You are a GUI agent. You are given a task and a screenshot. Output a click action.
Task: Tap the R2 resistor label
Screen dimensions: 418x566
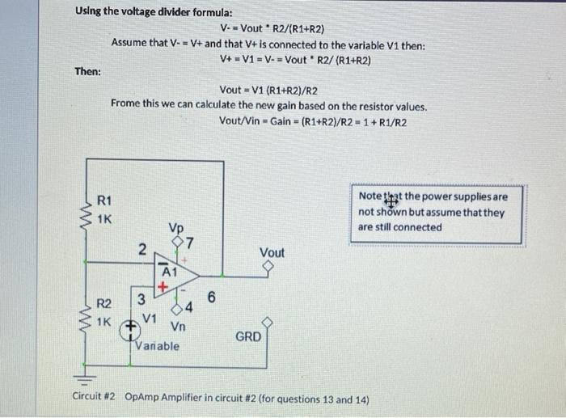pos(104,305)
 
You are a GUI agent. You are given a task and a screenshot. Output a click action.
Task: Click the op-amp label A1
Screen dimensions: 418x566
pos(170,272)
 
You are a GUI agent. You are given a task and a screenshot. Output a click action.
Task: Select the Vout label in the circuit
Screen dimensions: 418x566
pos(272,253)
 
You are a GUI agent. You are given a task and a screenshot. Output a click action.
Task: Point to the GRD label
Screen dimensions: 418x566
pos(248,336)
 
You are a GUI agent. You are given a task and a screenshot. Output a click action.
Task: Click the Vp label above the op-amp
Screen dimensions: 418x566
pos(176,228)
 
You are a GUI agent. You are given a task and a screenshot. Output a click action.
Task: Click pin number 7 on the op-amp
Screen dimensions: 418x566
pos(188,243)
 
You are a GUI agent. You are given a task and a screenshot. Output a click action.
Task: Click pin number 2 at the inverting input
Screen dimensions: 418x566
pos(141,251)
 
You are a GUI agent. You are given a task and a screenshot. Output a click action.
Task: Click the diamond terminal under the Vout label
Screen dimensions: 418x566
pos(272,268)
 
